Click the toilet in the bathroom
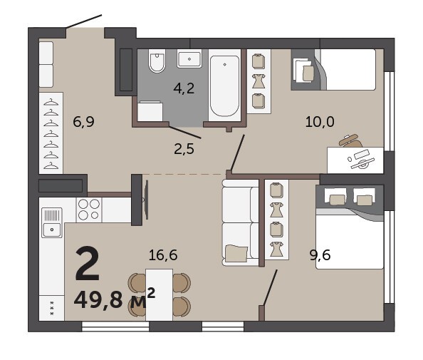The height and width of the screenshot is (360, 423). (x=157, y=61)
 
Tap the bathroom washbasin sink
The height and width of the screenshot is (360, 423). (x=189, y=58)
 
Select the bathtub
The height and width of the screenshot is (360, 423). (x=224, y=86)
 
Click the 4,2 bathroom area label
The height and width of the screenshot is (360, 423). (x=184, y=88)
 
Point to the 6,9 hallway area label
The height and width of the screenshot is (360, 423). (x=83, y=121)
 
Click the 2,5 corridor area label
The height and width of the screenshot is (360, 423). (x=184, y=149)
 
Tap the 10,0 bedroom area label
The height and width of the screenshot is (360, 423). (x=320, y=121)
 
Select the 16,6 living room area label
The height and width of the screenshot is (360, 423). (x=163, y=255)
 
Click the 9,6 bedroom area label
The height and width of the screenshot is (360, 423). (x=320, y=255)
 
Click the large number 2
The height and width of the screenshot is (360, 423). (x=88, y=263)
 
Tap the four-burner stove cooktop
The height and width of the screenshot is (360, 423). (x=89, y=210)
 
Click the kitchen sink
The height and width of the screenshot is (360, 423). (x=52, y=222)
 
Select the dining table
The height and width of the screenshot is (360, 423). (x=160, y=294)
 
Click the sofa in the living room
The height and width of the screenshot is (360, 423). (x=241, y=223)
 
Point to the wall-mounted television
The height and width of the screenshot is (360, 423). (x=147, y=200)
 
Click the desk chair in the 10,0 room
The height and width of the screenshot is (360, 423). (x=350, y=140)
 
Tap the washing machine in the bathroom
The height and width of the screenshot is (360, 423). (x=150, y=111)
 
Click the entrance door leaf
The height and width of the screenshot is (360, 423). (x=84, y=21)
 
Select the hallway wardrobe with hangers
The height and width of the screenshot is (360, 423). (x=51, y=133)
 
